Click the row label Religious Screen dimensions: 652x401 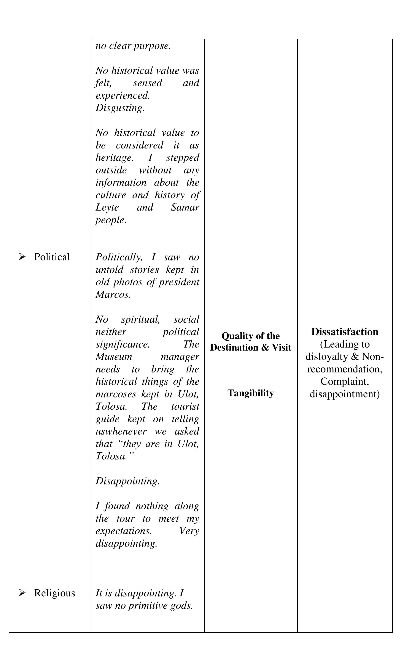(54, 593)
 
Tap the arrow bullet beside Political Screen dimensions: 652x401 (22, 257)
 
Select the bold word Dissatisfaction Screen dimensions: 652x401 (345, 332)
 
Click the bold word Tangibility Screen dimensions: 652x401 (251, 393)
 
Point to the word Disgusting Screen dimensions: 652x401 (120, 108)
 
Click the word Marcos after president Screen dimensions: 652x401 (113, 295)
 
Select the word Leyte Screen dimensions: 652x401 (107, 208)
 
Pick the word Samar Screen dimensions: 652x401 (185, 208)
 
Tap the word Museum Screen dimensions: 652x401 (114, 357)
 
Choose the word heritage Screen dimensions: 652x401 (114, 158)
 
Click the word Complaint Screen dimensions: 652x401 (345, 381)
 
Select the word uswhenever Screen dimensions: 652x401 (121, 431)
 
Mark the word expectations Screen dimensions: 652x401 (124, 531)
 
